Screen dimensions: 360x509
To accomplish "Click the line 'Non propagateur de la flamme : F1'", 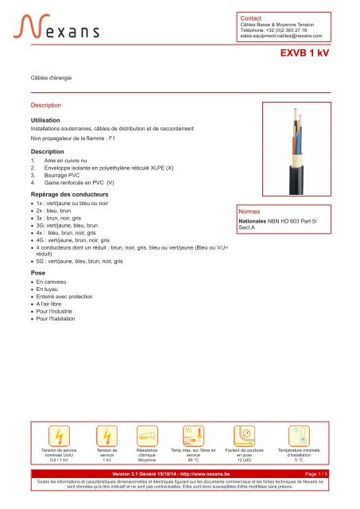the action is (72, 138).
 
